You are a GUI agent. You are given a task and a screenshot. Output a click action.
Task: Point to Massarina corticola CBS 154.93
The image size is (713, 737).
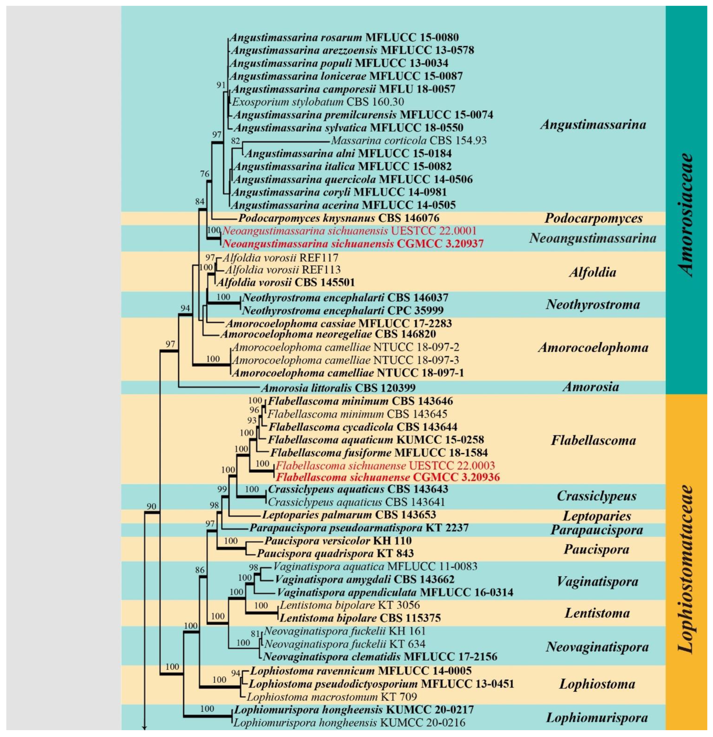[408, 141]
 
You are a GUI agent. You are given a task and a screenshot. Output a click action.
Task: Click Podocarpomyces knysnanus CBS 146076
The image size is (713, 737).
[339, 218]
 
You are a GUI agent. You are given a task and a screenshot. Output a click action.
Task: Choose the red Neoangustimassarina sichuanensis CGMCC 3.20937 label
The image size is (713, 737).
[352, 244]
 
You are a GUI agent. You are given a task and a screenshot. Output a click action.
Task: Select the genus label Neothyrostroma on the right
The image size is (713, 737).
[593, 304]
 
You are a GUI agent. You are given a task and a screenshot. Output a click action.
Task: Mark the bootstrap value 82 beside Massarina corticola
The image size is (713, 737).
[235, 141]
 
